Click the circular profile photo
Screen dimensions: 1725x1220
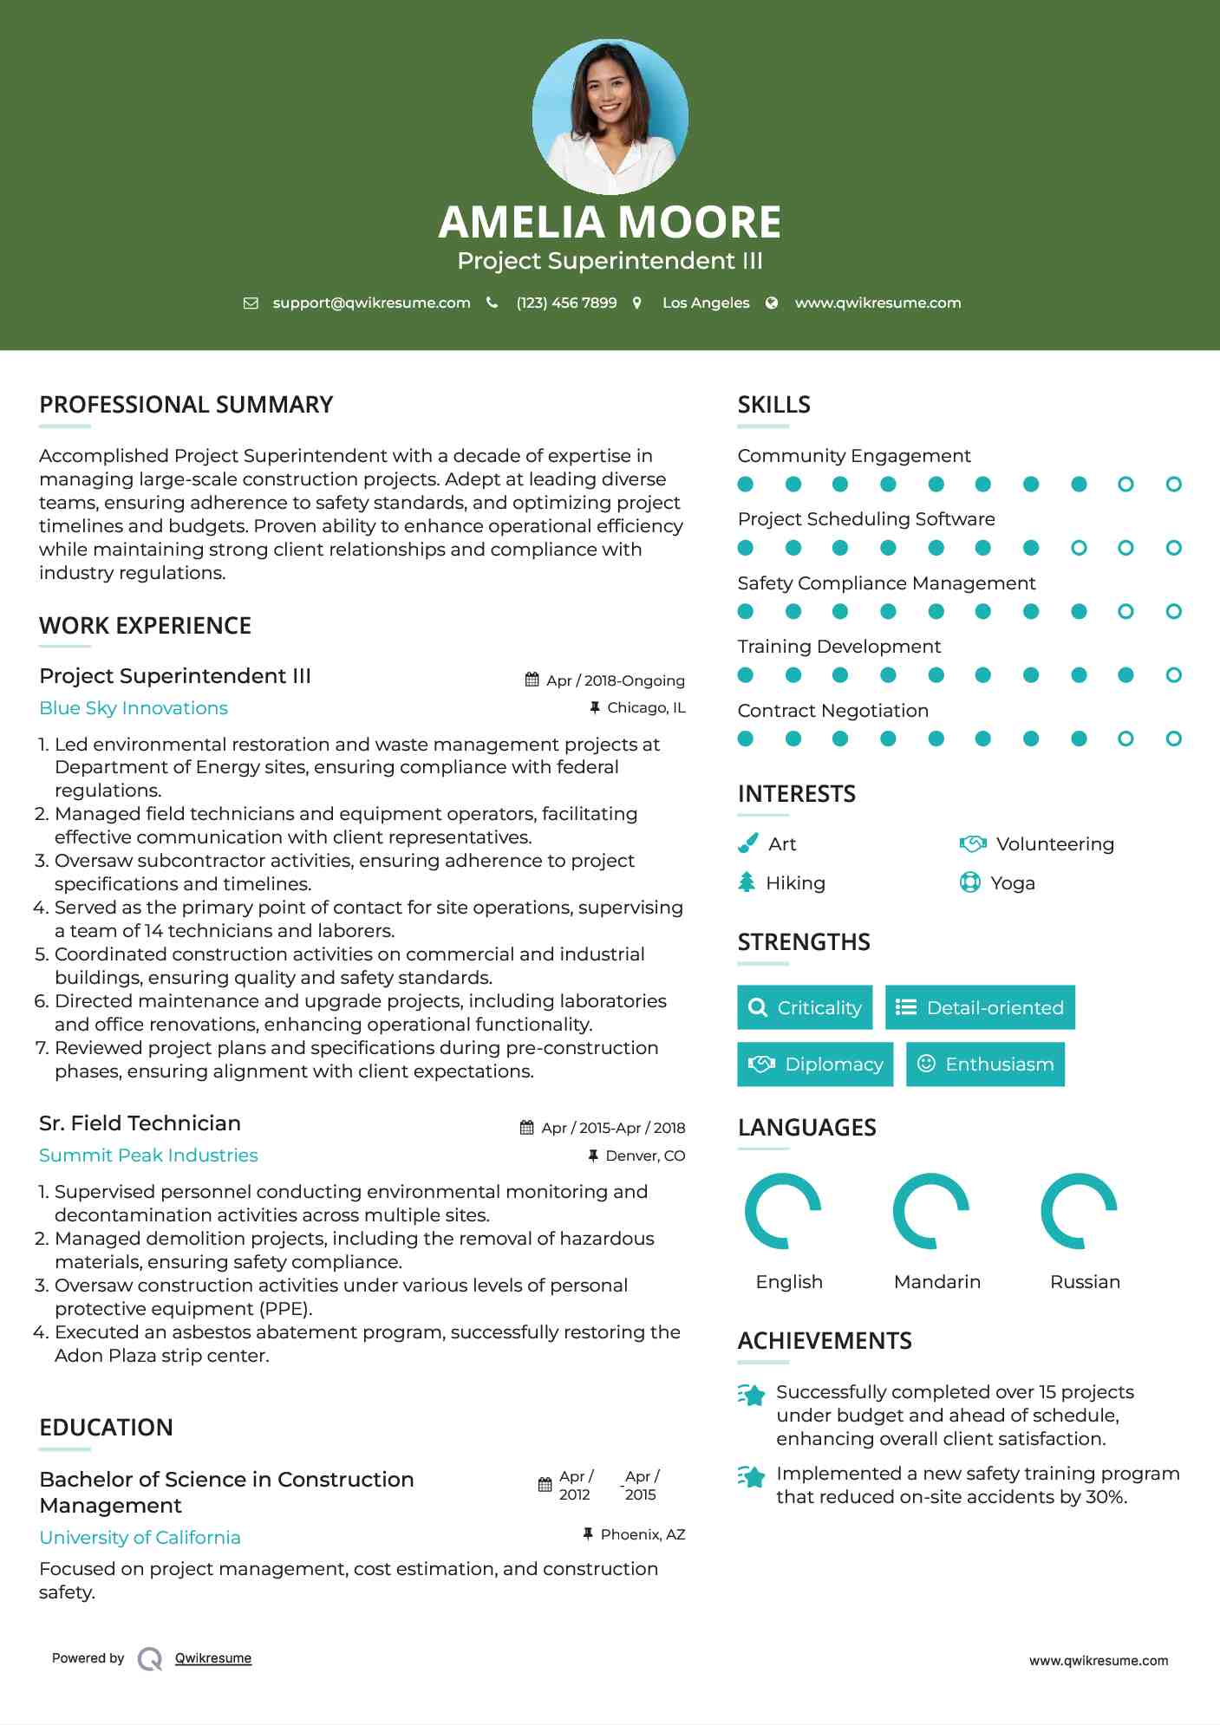[610, 116]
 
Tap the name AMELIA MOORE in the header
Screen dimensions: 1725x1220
[610, 222]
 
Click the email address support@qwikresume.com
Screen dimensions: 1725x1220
[371, 303]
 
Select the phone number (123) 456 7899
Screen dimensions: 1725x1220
[566, 303]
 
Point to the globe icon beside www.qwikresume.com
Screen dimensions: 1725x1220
[772, 303]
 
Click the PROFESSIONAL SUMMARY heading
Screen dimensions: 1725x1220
[186, 405]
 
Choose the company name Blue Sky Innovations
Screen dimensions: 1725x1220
[134, 708]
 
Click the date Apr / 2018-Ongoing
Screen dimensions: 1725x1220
[615, 680]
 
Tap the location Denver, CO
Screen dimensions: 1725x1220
[645, 1155]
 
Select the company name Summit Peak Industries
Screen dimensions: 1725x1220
[148, 1155]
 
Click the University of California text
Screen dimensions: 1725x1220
[140, 1538]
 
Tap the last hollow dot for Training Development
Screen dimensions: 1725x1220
[1173, 675]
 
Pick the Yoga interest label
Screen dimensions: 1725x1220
[1012, 883]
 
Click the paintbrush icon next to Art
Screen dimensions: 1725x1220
[747, 843]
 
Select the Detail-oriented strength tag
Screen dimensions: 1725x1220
[980, 1007]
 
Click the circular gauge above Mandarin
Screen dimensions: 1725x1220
[930, 1211]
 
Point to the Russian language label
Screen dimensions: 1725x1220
[1085, 1282]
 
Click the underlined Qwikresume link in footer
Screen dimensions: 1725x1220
[213, 1658]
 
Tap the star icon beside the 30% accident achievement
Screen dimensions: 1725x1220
[752, 1476]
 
